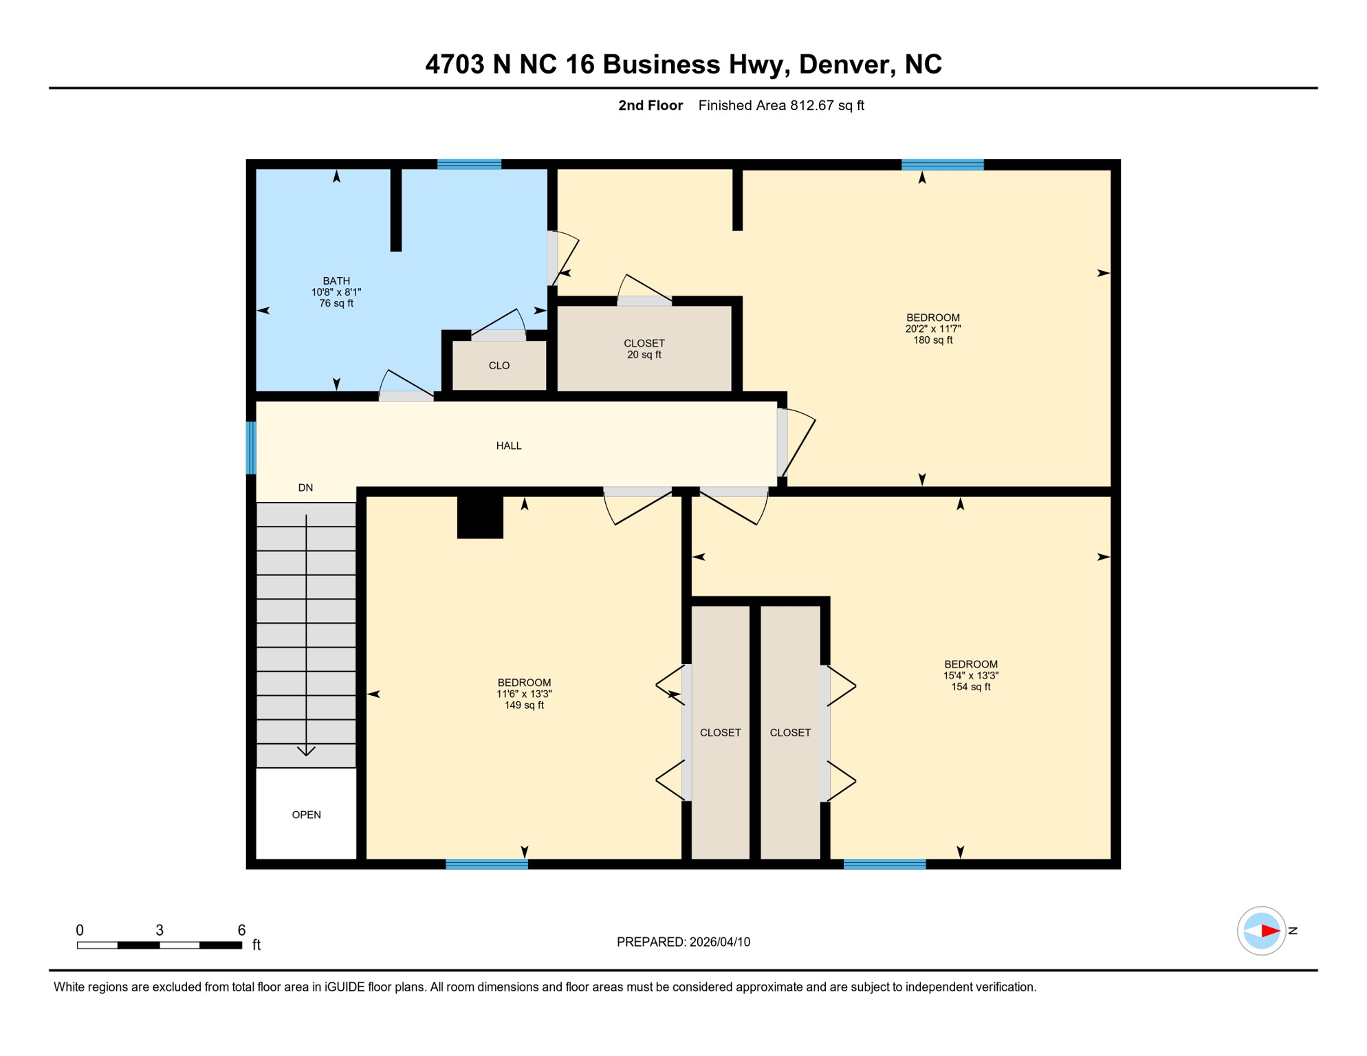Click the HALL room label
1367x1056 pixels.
tap(509, 445)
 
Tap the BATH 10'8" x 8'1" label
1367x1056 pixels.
tap(336, 291)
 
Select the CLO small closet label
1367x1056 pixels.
tap(499, 366)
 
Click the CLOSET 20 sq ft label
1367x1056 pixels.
tap(644, 349)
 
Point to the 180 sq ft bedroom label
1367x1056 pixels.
tap(932, 329)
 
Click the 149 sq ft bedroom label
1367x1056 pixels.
tap(524, 694)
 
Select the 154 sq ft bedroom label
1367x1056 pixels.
tap(970, 675)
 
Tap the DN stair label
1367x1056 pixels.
tap(305, 487)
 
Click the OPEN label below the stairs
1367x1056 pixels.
tap(306, 815)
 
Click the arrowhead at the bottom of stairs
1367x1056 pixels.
tap(306, 751)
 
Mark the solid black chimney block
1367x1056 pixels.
tap(480, 516)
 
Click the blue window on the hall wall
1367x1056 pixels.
tap(251, 448)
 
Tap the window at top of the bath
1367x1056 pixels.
tap(469, 164)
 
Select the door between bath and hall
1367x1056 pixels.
tap(406, 396)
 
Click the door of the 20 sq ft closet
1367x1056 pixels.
tap(644, 300)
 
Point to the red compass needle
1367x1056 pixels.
tap(1269, 931)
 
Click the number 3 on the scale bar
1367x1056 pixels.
tap(160, 930)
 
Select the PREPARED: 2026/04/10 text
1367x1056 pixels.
tap(683, 942)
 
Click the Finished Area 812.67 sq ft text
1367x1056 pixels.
tap(780, 105)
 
